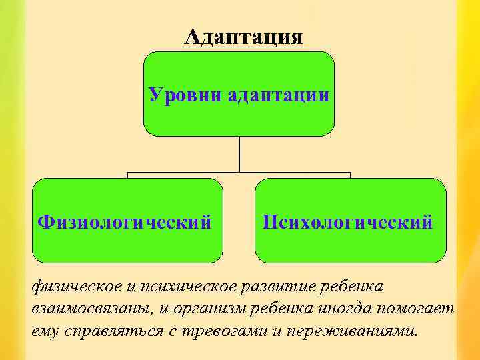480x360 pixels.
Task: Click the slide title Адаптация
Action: click(243, 37)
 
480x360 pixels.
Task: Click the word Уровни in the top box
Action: click(185, 95)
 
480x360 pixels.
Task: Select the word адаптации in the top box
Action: click(278, 95)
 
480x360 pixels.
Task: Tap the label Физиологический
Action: click(125, 221)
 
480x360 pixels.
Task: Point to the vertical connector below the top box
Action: click(239, 155)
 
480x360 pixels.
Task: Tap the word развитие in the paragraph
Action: click(279, 287)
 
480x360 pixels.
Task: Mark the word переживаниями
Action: click(358, 331)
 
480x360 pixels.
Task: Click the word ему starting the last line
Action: click(44, 331)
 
